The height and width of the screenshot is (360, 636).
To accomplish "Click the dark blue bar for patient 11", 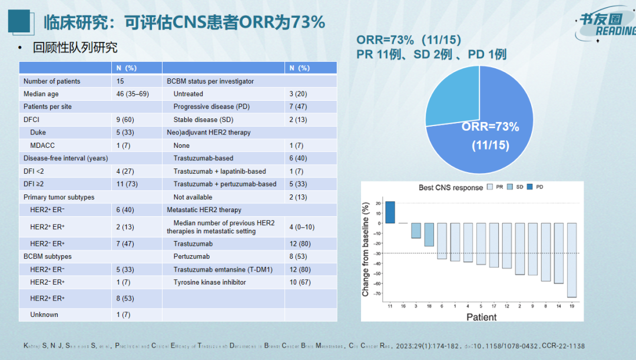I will pyautogui.click(x=390, y=213).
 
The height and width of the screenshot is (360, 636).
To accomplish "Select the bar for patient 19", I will pyautogui.click(x=571, y=260).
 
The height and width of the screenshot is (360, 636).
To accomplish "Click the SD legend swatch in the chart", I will pyautogui.click(x=510, y=187).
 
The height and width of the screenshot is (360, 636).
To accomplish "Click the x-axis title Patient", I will pyautogui.click(x=481, y=317).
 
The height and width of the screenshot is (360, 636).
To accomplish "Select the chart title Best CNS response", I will pyautogui.click(x=450, y=187).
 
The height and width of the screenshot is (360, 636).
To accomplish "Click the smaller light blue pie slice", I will pyautogui.click(x=450, y=101).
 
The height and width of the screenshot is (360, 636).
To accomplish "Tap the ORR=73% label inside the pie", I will pyautogui.click(x=490, y=127).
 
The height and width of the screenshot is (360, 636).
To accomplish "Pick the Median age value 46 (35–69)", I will pyautogui.click(x=133, y=94).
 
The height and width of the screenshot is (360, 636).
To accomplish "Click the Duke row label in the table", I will pyautogui.click(x=38, y=133).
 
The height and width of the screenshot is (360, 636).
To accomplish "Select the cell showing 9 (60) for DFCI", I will pyautogui.click(x=127, y=120).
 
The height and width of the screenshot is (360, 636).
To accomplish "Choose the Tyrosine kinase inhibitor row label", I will pyautogui.click(x=210, y=282).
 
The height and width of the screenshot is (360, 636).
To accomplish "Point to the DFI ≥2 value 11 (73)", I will pyautogui.click(x=128, y=184).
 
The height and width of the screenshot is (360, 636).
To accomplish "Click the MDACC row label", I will pyautogui.click(x=43, y=146).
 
